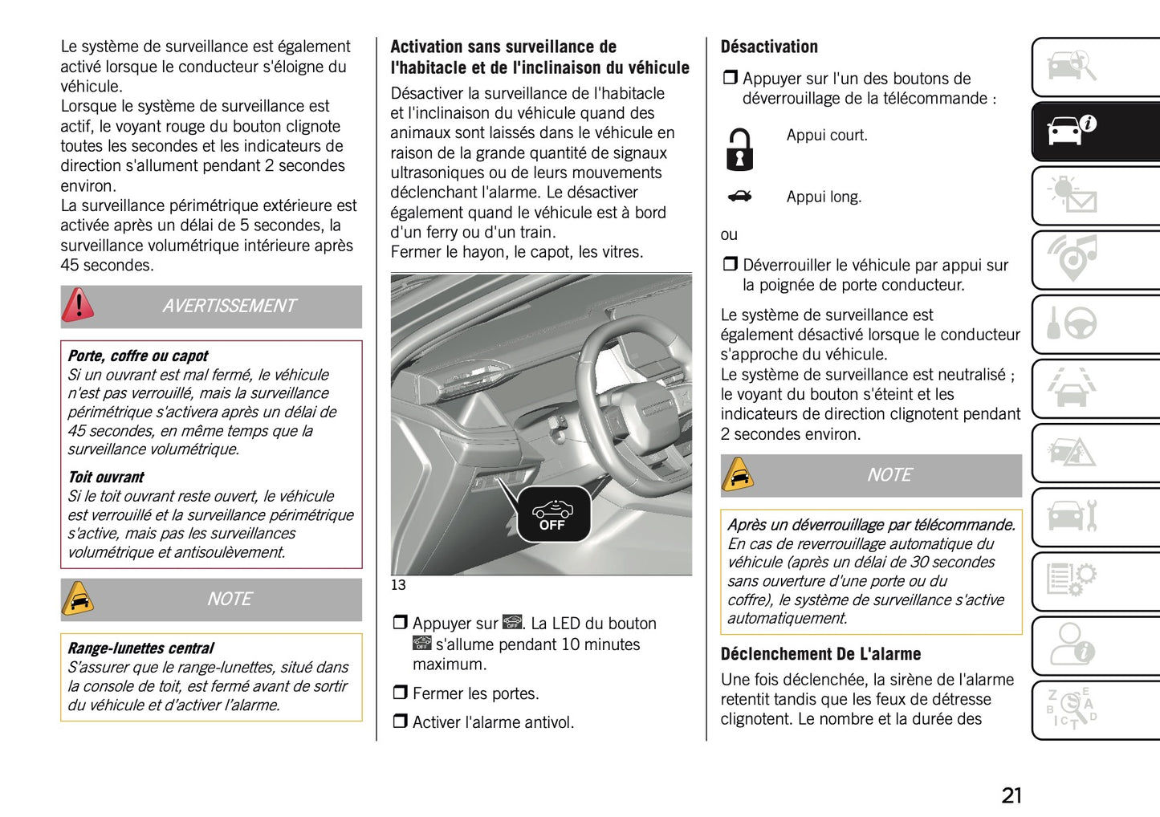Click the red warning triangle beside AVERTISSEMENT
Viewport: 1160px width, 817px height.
tap(79, 306)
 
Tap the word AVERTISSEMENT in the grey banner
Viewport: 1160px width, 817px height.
tap(229, 307)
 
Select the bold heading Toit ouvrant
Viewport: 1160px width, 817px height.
tap(106, 478)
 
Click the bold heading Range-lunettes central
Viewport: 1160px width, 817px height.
tap(140, 648)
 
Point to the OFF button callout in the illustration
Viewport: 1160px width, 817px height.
tap(552, 514)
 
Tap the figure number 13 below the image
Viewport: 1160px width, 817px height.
tap(398, 585)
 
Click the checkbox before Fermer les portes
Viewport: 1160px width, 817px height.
tap(400, 693)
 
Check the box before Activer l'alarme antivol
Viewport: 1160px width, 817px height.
tap(400, 722)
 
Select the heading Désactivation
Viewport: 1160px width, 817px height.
tap(769, 47)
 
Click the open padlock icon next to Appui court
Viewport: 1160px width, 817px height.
tap(739, 149)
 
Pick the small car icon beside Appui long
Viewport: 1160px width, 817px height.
tap(739, 197)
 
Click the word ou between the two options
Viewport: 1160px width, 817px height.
tap(729, 235)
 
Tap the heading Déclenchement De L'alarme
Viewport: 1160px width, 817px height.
tap(820, 654)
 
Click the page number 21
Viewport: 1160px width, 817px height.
tap(1011, 795)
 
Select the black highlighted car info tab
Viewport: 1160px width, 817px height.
tap(1096, 131)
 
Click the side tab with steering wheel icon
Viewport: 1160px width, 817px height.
tap(1096, 324)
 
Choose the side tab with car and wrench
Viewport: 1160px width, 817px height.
tap(1096, 517)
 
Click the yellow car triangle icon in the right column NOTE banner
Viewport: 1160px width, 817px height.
tap(739, 475)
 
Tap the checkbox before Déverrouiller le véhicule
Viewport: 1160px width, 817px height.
tap(730, 265)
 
